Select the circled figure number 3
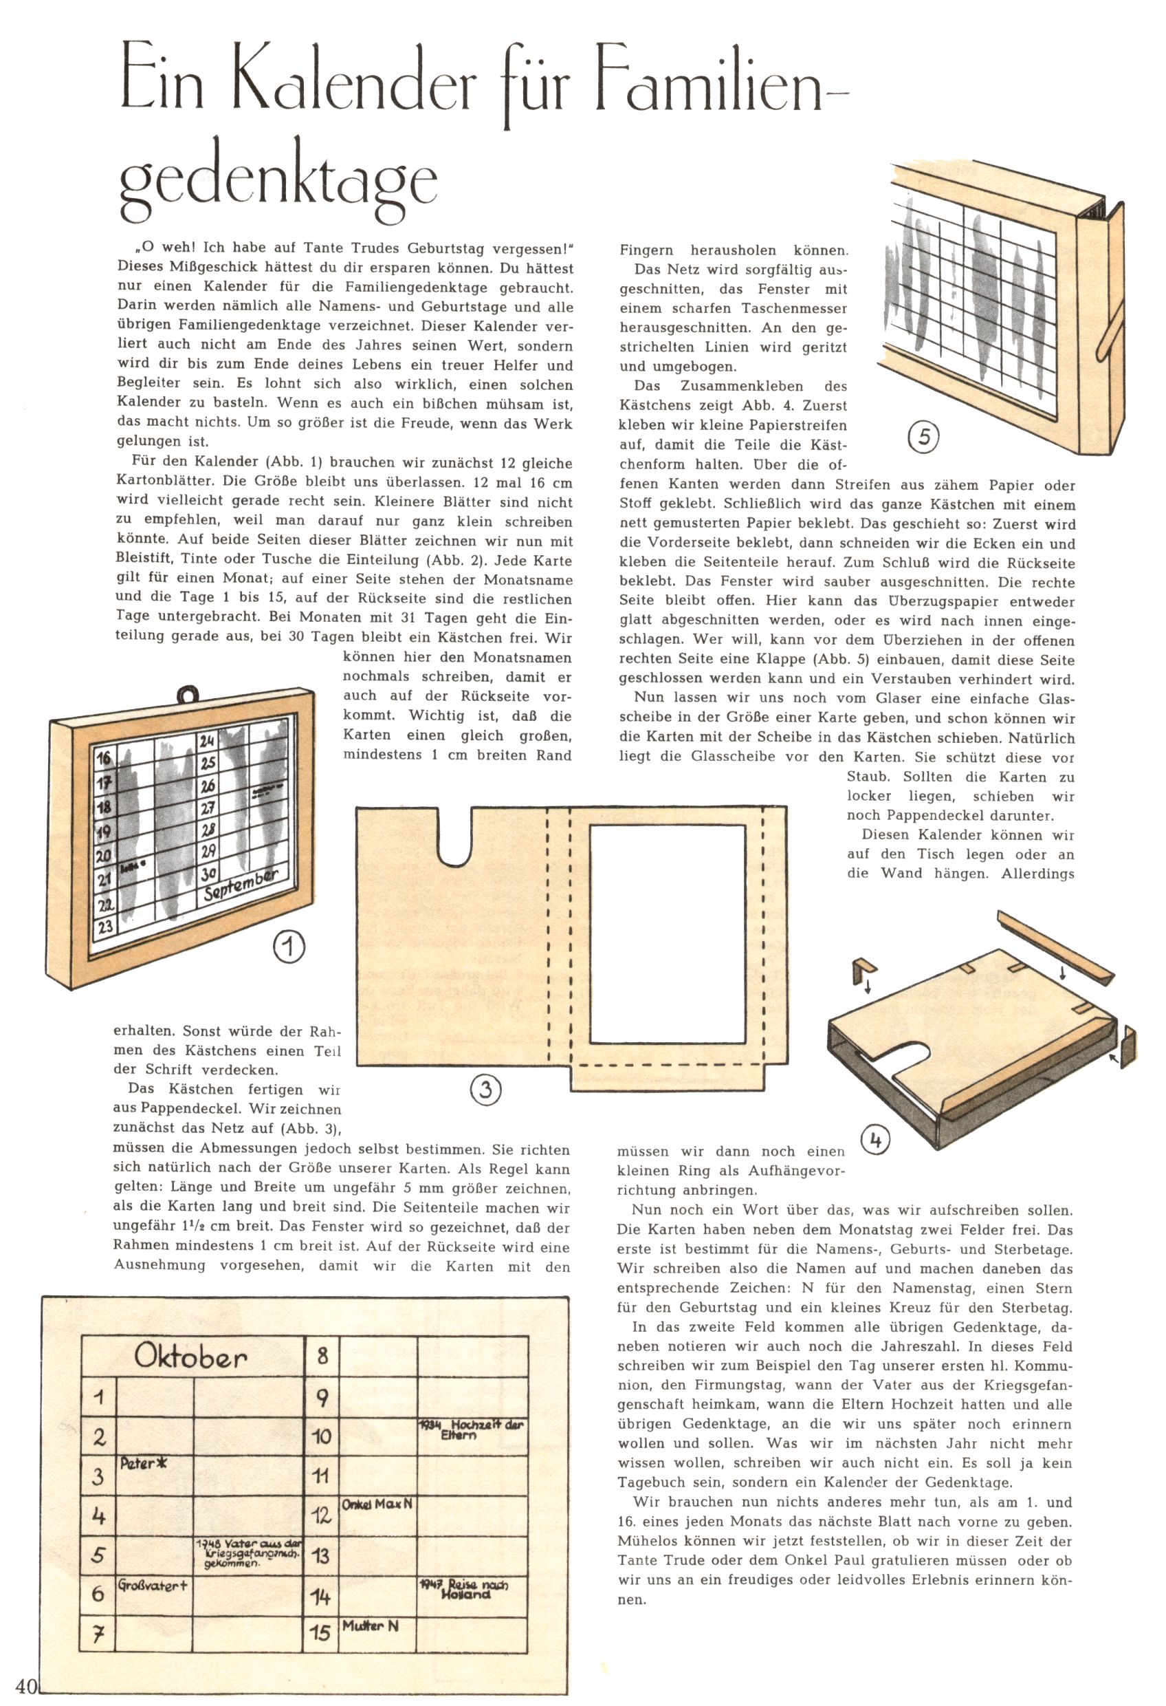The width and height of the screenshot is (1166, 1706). pyautogui.click(x=485, y=1089)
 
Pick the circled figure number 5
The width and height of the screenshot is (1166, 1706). pyautogui.click(x=924, y=437)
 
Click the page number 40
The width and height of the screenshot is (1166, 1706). pyautogui.click(x=25, y=1685)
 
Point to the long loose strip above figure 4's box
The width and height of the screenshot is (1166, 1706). pyautogui.click(x=1055, y=949)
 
